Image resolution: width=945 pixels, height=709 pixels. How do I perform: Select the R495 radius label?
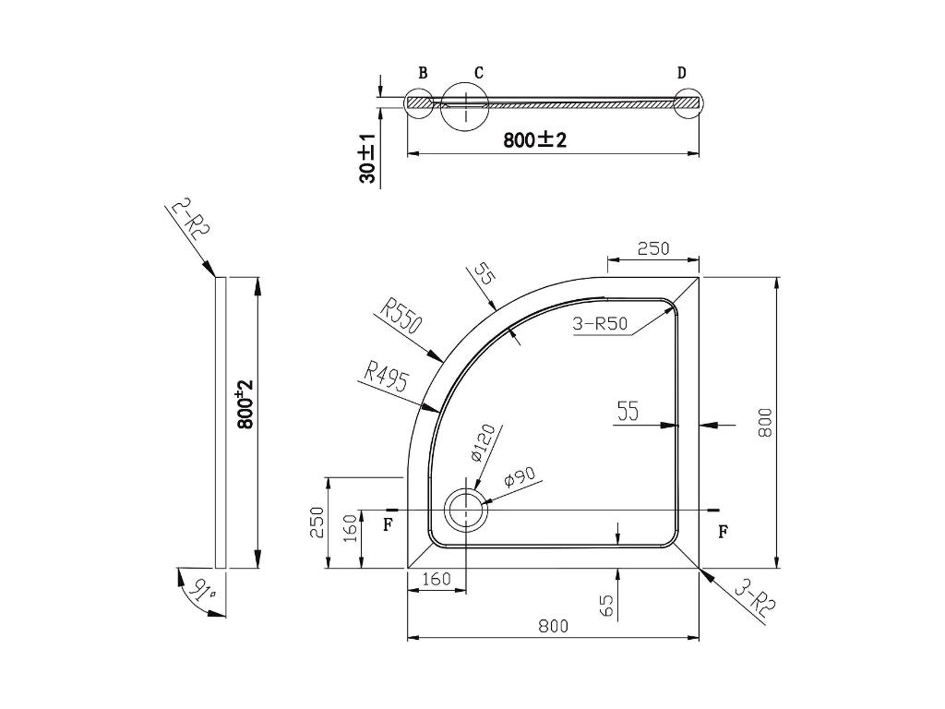pyautogui.click(x=387, y=377)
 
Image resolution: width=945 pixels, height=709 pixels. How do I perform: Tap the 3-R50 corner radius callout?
pyautogui.click(x=600, y=324)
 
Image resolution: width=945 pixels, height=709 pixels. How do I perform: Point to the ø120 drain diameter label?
pyautogui.click(x=483, y=442)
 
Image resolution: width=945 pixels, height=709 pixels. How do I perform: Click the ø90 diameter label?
pyautogui.click(x=519, y=477)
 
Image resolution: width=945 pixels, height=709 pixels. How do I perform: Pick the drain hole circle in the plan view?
pyautogui.click(x=466, y=493)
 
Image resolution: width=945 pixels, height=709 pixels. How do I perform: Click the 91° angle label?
pyautogui.click(x=202, y=589)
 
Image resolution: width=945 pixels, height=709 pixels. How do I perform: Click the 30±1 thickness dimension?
pyautogui.click(x=367, y=158)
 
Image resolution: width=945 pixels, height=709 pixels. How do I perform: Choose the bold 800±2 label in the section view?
pyautogui.click(x=534, y=140)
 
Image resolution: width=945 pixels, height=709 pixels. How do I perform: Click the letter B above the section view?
pyautogui.click(x=423, y=73)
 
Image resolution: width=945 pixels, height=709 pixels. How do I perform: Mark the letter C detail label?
pyautogui.click(x=479, y=73)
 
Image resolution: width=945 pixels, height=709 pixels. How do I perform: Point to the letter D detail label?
pyautogui.click(x=682, y=73)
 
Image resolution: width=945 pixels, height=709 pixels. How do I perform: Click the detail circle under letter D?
pyautogui.click(x=688, y=90)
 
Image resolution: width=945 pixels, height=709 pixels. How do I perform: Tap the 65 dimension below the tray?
pyautogui.click(x=607, y=606)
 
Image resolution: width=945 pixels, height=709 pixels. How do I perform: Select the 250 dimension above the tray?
pyautogui.click(x=653, y=248)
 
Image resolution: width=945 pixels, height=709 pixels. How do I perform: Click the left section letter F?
pyautogui.click(x=389, y=525)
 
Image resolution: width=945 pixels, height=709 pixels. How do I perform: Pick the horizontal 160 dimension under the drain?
pyautogui.click(x=437, y=579)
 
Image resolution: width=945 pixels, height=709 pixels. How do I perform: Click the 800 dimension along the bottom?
pyautogui.click(x=554, y=627)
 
